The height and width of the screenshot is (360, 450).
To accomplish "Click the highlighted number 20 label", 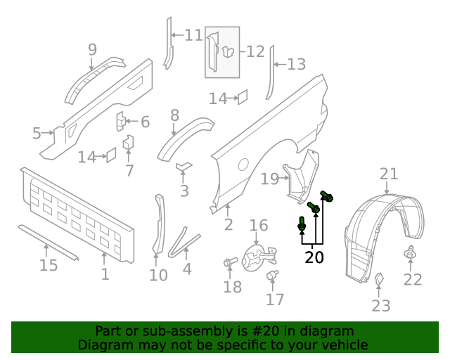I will click(314, 257).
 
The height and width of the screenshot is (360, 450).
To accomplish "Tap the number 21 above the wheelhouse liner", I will click(389, 174).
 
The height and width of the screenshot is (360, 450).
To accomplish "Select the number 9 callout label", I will click(92, 49).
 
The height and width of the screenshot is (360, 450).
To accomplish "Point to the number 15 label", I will click(48, 265).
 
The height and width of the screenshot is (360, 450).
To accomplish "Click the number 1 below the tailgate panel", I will click(105, 273).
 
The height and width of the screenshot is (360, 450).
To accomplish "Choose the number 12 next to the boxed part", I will click(255, 51).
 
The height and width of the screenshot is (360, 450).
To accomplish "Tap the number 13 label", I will click(296, 65).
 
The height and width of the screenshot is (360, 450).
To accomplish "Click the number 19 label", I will click(270, 179).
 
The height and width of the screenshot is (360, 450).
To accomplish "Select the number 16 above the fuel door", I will click(259, 226).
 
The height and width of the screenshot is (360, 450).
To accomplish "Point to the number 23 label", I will click(380, 305).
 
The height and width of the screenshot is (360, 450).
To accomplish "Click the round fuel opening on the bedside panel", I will click(243, 164).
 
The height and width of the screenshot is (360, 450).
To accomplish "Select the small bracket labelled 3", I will click(184, 167).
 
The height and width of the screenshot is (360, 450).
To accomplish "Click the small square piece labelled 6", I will click(120, 121).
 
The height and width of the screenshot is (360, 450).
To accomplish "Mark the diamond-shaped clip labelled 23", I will click(378, 280).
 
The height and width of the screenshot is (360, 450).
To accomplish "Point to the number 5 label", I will click(37, 132).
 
